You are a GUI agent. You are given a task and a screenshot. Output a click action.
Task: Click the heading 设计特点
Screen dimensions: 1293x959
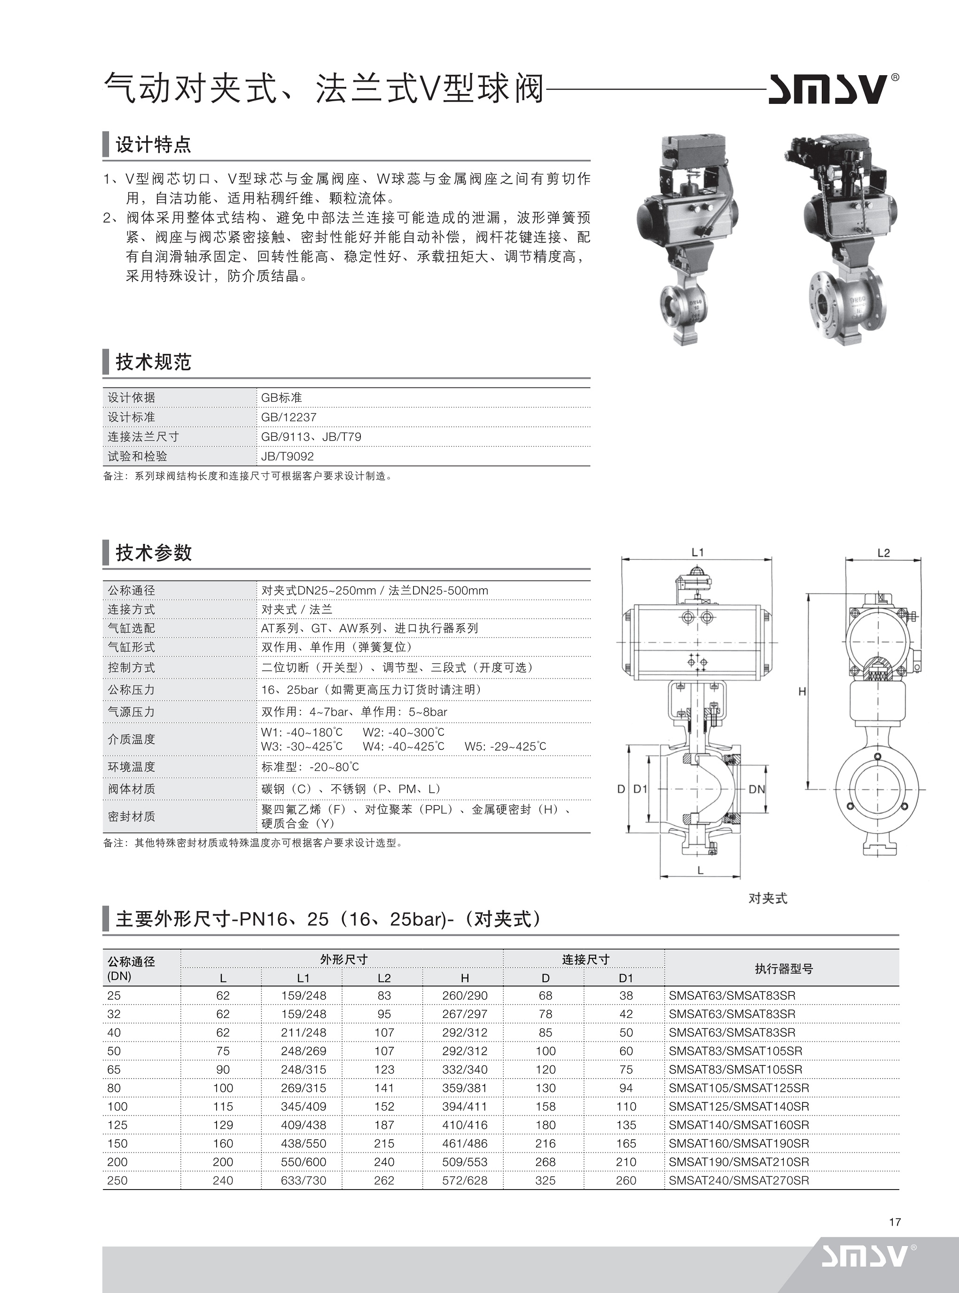[153, 144]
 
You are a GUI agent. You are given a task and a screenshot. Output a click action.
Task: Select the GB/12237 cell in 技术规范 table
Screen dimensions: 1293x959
[288, 417]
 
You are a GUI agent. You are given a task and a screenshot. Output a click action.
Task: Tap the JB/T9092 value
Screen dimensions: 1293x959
[288, 456]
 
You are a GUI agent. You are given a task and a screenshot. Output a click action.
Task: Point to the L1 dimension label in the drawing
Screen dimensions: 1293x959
[697, 552]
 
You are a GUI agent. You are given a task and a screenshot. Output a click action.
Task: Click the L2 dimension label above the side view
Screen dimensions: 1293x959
[883, 553]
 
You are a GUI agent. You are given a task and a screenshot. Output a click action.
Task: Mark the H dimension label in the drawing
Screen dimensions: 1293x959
[802, 691]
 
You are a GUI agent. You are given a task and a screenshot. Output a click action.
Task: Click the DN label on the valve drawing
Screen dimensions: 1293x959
[756, 789]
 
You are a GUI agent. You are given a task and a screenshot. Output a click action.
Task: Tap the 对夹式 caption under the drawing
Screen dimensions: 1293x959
[767, 898]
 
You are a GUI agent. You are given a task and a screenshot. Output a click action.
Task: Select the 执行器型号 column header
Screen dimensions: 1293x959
[783, 968]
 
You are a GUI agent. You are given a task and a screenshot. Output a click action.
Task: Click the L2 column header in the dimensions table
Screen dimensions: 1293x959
[384, 978]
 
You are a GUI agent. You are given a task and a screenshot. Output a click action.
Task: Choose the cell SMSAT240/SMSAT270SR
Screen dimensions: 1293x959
[739, 1180]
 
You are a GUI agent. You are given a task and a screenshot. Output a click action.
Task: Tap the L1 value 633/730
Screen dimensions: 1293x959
[303, 1180]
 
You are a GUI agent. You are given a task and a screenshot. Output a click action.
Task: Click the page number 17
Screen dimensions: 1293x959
[895, 1222]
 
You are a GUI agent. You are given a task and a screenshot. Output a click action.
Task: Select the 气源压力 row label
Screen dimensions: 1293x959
[131, 711]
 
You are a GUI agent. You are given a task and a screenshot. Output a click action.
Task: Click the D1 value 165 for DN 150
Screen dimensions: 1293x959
[626, 1143]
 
